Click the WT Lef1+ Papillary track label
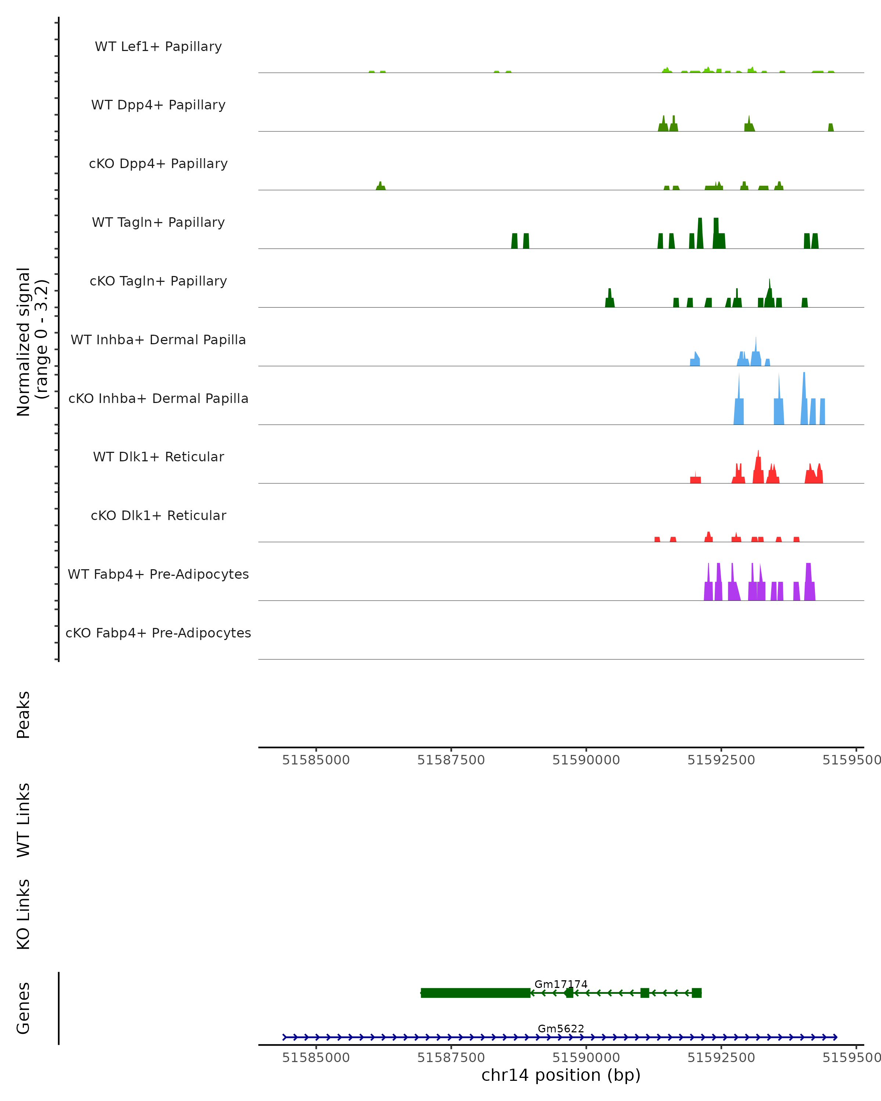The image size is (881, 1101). click(158, 47)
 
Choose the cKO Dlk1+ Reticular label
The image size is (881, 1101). click(158, 515)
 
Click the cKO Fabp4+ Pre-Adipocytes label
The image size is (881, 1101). click(158, 633)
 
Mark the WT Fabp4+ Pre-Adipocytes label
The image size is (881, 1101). click(158, 574)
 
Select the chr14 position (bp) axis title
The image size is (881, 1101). click(561, 1075)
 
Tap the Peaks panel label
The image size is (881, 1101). click(23, 715)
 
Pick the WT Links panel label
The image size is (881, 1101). click(23, 820)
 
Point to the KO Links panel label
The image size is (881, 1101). click(23, 914)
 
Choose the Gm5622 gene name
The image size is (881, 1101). click(561, 1028)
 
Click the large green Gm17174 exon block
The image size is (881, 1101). click(475, 993)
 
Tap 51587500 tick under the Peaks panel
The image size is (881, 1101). click(451, 760)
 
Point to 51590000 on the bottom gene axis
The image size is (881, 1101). click(586, 1058)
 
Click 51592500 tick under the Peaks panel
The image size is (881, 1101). click(721, 760)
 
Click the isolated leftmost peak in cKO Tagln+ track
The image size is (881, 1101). click(610, 300)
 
